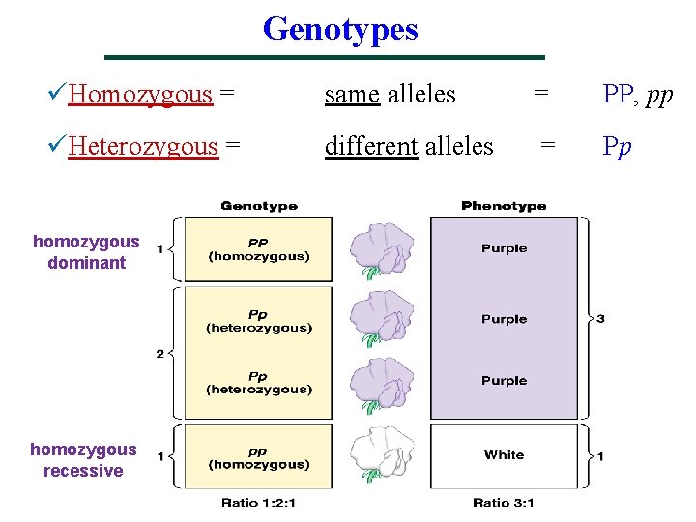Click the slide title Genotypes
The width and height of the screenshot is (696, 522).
[340, 29]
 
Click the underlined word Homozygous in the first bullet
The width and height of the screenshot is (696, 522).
[141, 95]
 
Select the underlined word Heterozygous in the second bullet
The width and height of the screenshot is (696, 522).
[144, 147]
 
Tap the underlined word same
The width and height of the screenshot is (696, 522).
[352, 95]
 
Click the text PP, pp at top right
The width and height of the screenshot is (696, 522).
[637, 95]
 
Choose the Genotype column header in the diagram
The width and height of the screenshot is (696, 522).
[259, 206]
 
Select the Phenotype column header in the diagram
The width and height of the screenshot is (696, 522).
[504, 206]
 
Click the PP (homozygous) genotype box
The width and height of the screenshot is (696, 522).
[259, 249]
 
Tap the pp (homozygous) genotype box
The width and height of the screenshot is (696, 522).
[259, 457]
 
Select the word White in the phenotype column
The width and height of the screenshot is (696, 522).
[504, 455]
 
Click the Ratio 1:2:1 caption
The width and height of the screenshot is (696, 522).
[259, 503]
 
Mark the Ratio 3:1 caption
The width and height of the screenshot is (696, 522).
[504, 503]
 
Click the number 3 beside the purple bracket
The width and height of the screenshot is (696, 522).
[600, 318]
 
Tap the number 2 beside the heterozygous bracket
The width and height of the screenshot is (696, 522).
[160, 354]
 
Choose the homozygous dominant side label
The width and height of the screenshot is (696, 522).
[86, 251]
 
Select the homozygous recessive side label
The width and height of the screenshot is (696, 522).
[83, 460]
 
